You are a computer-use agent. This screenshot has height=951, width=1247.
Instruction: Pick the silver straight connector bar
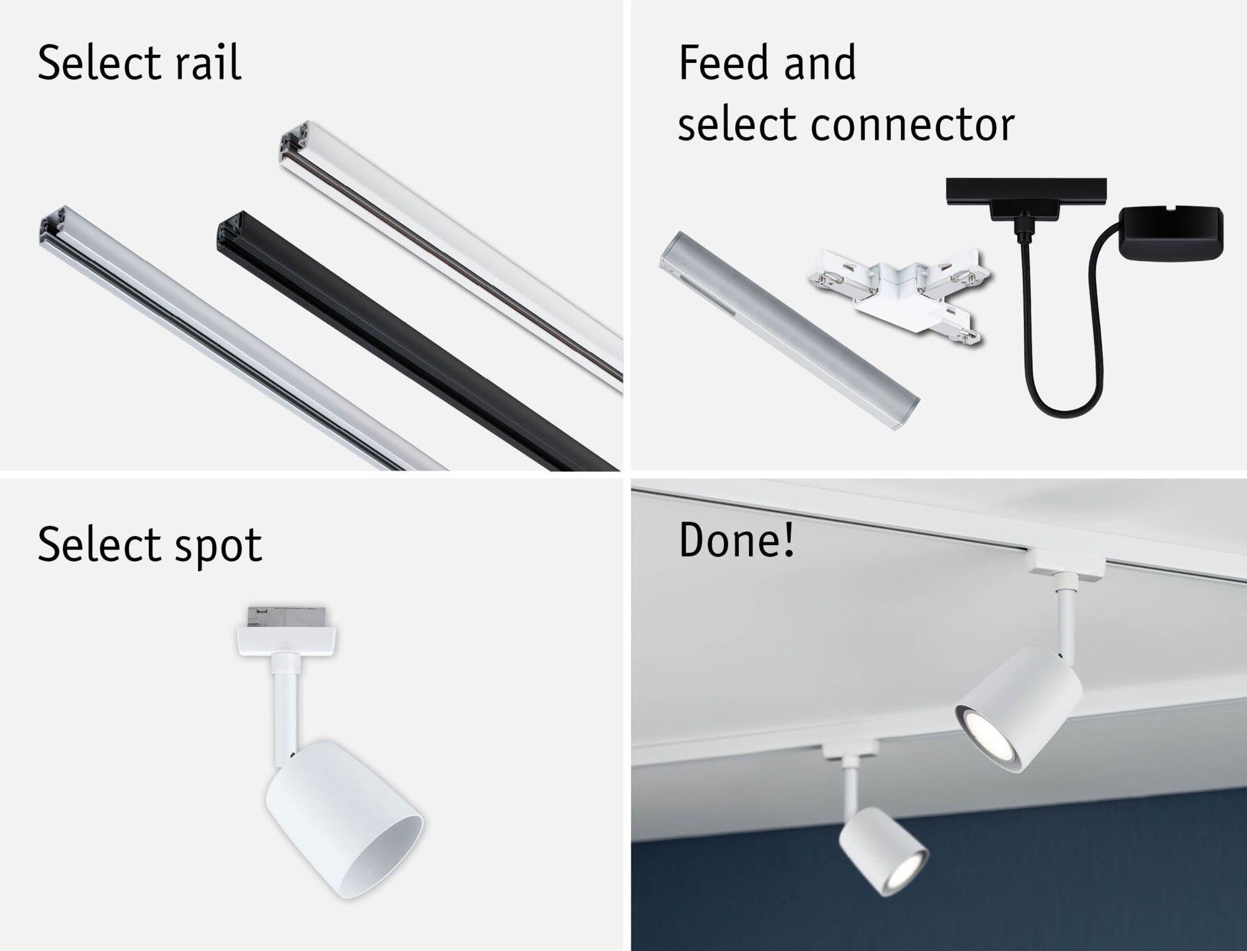789,330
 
